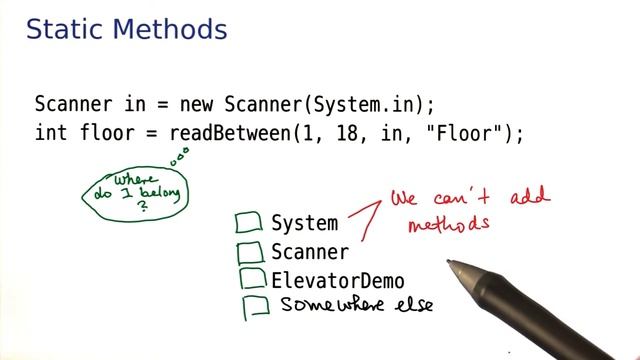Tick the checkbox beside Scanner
[250, 251]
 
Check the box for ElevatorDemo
[251, 279]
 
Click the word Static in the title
[67, 30]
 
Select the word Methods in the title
[172, 30]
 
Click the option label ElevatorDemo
[338, 281]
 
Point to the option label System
[304, 223]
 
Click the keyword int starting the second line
[49, 133]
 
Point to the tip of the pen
[451, 264]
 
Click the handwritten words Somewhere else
[356, 305]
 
